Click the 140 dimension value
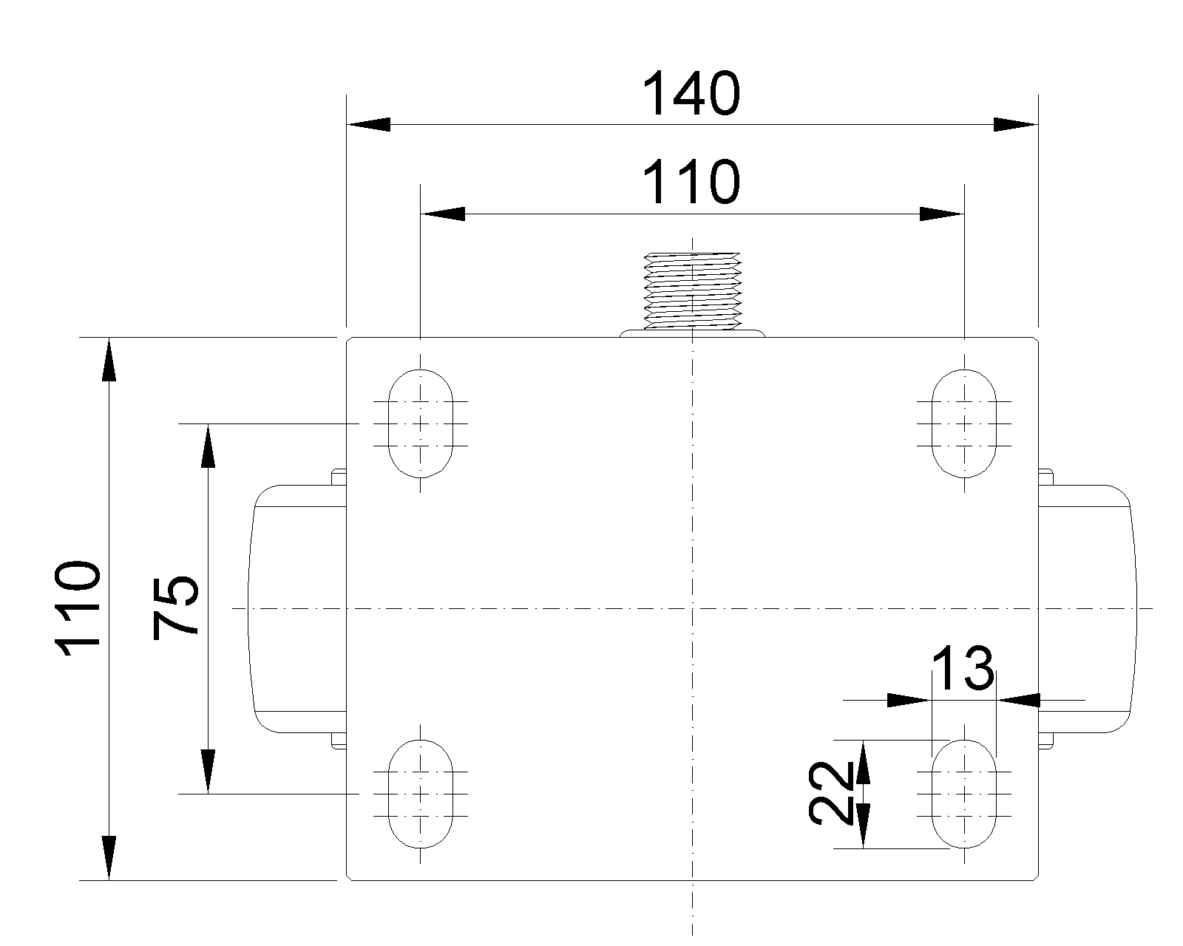click(x=691, y=93)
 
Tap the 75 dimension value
click(x=174, y=608)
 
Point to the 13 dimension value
click(x=963, y=668)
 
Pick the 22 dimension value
click(x=830, y=793)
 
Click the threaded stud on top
click(x=693, y=291)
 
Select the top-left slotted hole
click(x=421, y=423)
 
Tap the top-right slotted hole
click(x=964, y=423)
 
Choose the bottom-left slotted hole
click(x=421, y=794)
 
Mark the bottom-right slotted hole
click(x=964, y=794)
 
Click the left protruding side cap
click(x=297, y=608)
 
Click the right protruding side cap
click(x=1087, y=608)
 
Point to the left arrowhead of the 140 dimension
click(x=368, y=125)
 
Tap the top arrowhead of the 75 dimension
click(x=208, y=446)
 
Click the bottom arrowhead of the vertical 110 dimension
click(x=109, y=858)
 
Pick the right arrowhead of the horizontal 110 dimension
click(x=942, y=214)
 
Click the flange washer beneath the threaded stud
click(x=693, y=333)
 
